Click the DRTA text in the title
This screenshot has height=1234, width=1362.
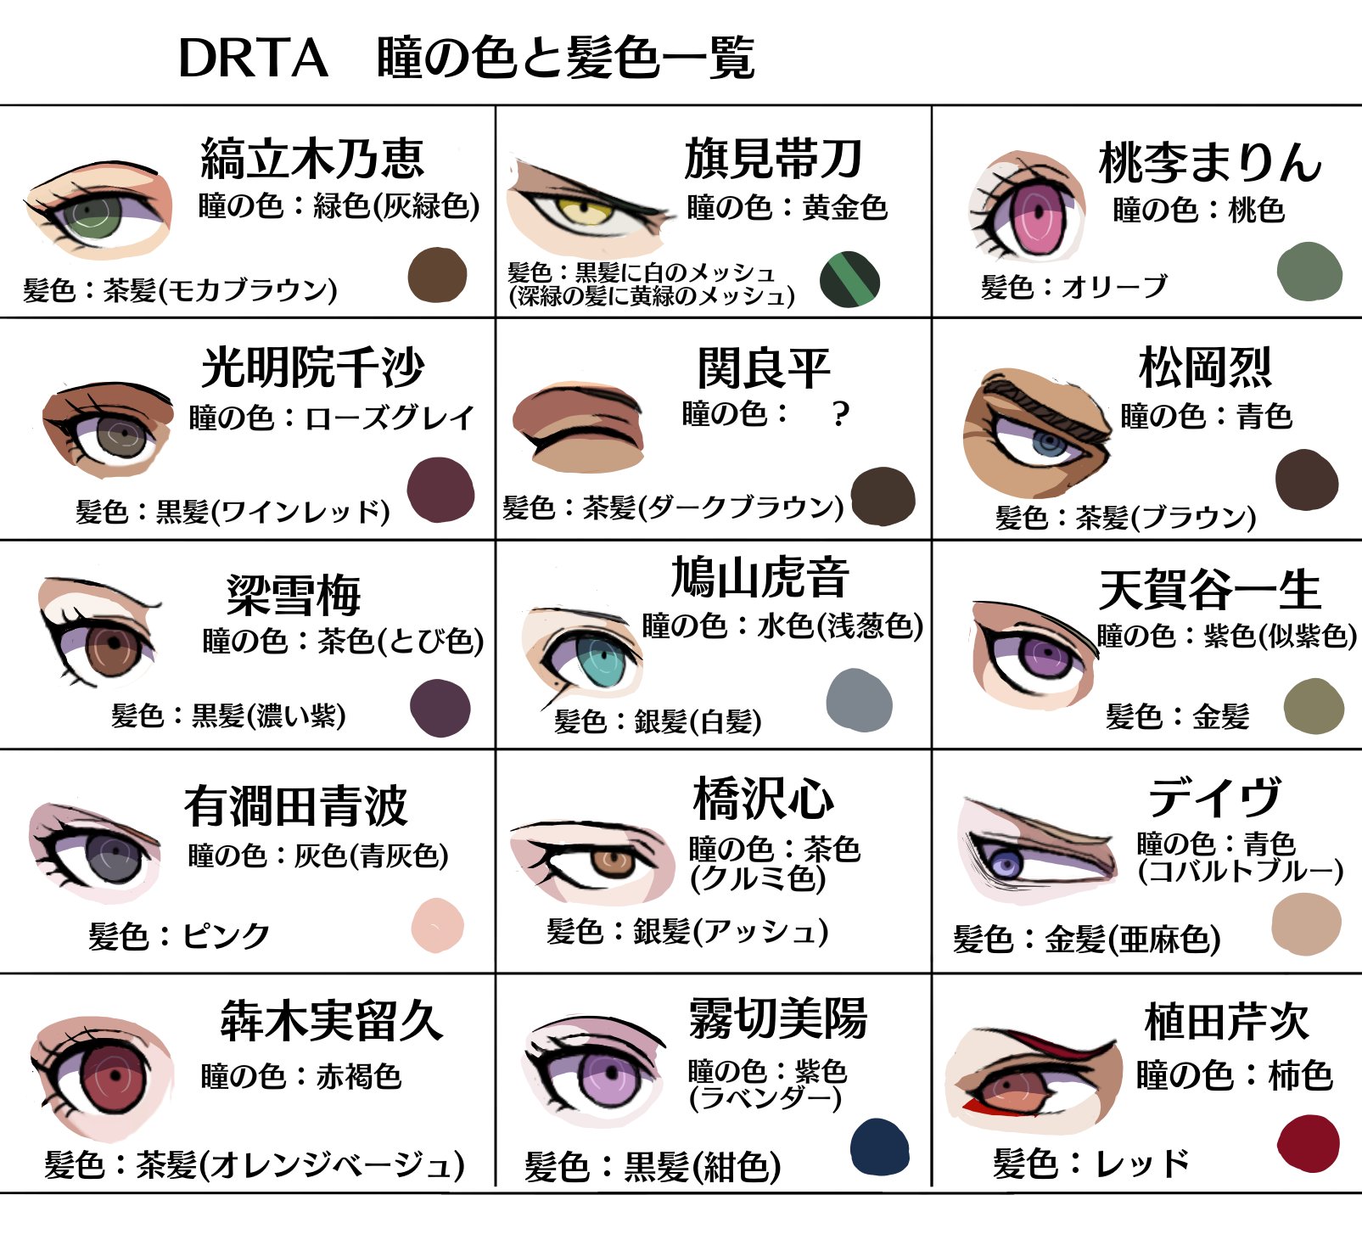[253, 59]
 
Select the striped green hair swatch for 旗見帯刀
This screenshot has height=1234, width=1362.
[849, 279]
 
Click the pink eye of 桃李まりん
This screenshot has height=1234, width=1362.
[1036, 215]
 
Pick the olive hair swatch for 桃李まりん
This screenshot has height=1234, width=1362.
[1309, 272]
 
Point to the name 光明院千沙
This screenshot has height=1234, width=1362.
[312, 367]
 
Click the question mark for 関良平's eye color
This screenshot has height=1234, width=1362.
[840, 414]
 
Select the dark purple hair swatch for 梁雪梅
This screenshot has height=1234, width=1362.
[440, 708]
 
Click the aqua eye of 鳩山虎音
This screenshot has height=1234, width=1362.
[601, 658]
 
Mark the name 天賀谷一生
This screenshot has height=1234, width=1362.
[1209, 590]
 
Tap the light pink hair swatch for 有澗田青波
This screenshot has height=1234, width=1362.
[438, 925]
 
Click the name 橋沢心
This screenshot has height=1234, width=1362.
[764, 799]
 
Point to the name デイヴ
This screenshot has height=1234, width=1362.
[1214, 798]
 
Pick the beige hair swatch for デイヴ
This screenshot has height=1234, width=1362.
[1306, 924]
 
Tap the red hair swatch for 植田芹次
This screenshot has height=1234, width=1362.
[1308, 1143]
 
